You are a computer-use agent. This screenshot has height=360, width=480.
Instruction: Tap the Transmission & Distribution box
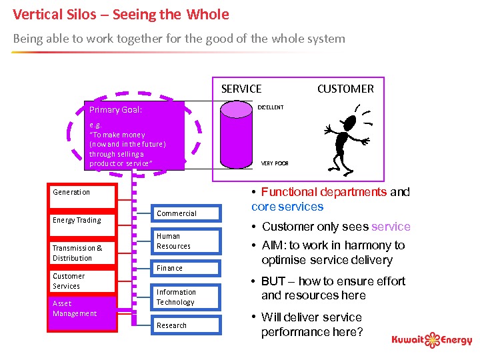pyautogui.click(x=81, y=253)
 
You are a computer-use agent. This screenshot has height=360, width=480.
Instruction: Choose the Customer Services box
pyautogui.click(x=81, y=281)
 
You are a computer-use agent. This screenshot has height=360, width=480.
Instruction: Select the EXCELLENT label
pyautogui.click(x=271, y=107)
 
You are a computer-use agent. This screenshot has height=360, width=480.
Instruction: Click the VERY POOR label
pyautogui.click(x=275, y=163)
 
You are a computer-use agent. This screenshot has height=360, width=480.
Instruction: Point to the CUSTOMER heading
pyautogui.click(x=345, y=89)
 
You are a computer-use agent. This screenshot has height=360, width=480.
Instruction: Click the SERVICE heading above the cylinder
pyautogui.click(x=241, y=89)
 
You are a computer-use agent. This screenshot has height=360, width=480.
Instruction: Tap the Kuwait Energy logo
pyautogui.click(x=432, y=340)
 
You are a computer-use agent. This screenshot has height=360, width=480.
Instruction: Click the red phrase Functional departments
pyautogui.click(x=324, y=192)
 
